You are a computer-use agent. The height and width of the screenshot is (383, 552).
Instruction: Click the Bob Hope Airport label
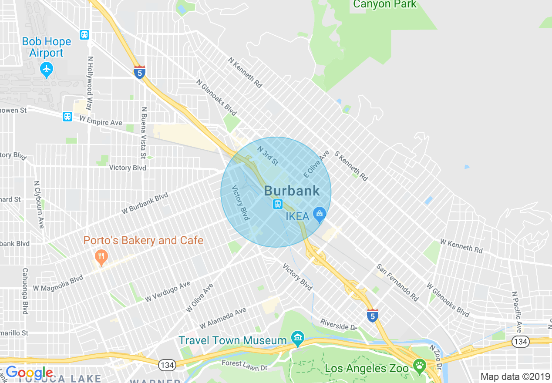[46, 47]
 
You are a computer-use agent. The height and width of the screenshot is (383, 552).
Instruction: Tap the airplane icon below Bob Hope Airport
[46, 69]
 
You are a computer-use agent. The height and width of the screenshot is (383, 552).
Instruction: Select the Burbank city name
[292, 191]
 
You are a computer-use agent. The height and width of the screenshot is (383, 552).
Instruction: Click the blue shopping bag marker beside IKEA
[320, 214]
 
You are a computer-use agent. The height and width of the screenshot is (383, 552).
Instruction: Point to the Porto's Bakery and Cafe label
[143, 240]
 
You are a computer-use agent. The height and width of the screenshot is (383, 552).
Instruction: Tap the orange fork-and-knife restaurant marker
[101, 256]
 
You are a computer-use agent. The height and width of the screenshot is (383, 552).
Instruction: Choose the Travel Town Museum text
[233, 340]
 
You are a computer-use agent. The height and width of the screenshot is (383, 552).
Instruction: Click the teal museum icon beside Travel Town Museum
[298, 337]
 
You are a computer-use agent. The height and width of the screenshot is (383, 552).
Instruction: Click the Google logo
[29, 373]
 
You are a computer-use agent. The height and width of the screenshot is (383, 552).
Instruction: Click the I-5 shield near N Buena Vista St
[139, 72]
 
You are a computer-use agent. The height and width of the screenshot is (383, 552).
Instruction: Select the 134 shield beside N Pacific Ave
[520, 342]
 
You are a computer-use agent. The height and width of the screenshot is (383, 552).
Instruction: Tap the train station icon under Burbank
[278, 204]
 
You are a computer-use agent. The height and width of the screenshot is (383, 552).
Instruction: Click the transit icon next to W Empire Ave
[67, 117]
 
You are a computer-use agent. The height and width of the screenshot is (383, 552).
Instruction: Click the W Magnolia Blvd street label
[58, 282]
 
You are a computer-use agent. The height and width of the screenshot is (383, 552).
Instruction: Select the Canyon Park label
[385, 4]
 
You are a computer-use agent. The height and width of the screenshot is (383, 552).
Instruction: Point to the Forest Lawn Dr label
[244, 365]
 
